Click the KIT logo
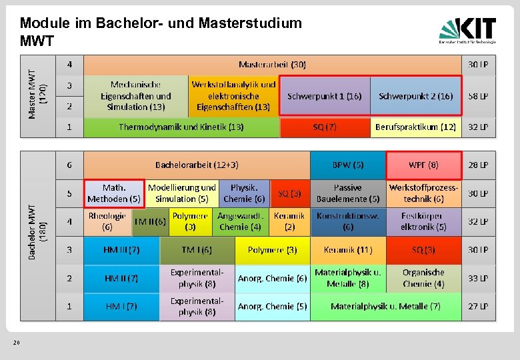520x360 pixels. coord(467,31)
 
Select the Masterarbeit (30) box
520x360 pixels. coord(272,65)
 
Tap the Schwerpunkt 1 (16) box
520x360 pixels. coord(324,96)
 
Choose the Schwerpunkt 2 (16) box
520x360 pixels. coord(415,96)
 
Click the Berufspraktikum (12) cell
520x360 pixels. coord(415,127)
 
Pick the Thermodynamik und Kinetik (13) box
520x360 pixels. coord(181,127)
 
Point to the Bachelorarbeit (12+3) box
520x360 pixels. coord(197,165)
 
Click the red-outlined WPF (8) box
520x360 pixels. coord(423,165)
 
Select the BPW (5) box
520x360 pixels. coord(348,165)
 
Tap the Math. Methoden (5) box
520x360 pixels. coord(114,193)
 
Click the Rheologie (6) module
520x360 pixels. coord(107,221)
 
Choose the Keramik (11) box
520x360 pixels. coord(348,250)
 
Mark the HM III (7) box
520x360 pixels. coord(121,250)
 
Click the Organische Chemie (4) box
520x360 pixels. coord(423,278)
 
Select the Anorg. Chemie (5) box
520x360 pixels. coord(273,307)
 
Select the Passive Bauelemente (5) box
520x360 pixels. coord(348,193)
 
